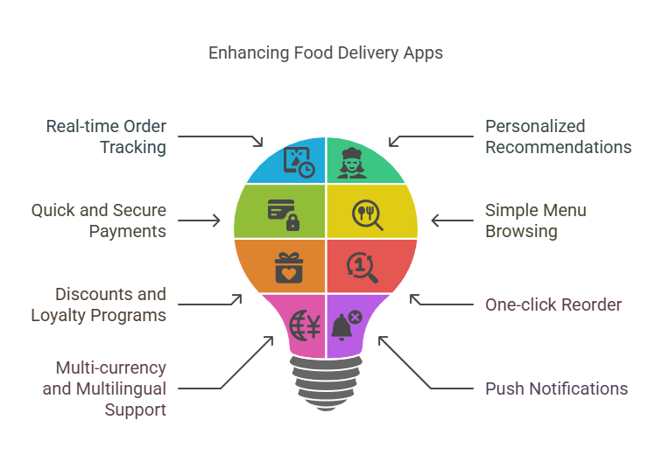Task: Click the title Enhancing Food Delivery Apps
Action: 326,52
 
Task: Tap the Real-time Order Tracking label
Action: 106,136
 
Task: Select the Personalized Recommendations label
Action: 558,136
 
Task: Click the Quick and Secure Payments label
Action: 98,220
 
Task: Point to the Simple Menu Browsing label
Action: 535,220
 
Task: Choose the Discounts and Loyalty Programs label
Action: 110,304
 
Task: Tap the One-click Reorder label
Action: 553,304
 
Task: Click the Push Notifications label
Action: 556,388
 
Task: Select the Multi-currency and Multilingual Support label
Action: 104,388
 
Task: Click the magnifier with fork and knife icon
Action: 367,213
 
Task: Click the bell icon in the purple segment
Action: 345,326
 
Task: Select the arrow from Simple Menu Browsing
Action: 452,220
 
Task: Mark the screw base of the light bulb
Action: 325,381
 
